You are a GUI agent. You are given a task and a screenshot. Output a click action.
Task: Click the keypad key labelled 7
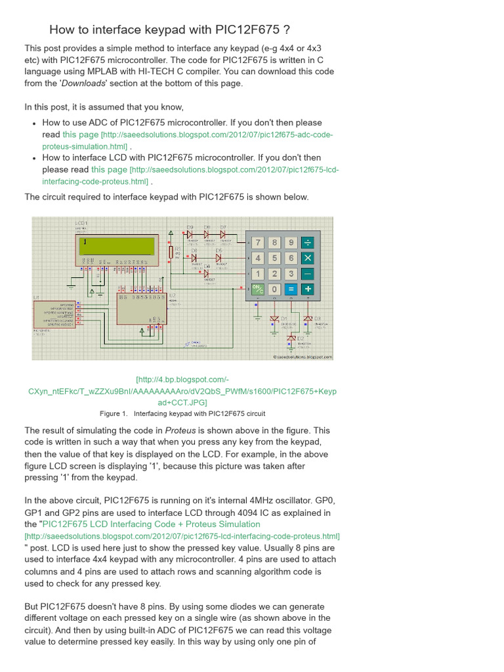pos(259,243)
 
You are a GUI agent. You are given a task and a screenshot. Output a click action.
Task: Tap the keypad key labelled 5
pos(275,259)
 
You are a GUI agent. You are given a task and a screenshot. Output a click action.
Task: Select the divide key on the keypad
pos(307,243)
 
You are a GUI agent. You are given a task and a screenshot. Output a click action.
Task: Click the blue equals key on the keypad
pos(291,289)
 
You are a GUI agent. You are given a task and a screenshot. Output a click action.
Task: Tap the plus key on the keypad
pos(307,289)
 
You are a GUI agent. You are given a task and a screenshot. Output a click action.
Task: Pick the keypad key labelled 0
pos(275,289)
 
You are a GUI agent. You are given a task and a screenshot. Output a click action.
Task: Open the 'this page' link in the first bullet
pos(80,135)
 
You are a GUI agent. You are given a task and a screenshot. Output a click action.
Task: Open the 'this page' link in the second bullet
pos(109,169)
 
